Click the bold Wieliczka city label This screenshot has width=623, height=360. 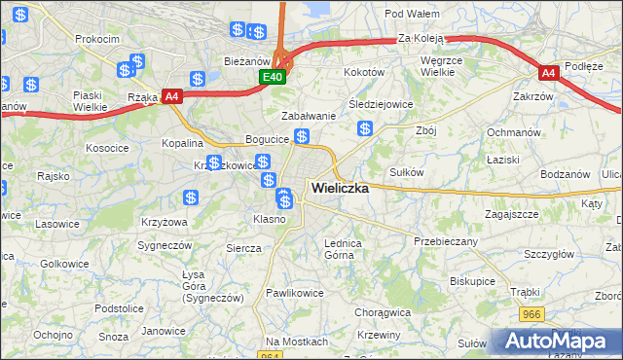click(340, 189)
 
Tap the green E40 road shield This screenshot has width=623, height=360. click(273, 77)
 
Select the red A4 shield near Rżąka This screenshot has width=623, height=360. click(172, 95)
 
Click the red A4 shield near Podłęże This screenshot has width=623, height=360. click(549, 72)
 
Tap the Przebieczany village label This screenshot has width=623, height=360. click(446, 240)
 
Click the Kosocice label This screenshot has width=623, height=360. click(107, 148)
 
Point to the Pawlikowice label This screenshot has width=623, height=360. click(295, 292)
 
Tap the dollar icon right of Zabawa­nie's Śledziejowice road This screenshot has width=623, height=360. click(365, 128)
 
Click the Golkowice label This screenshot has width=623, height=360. click(65, 264)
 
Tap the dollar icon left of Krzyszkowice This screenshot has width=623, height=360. click(214, 162)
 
